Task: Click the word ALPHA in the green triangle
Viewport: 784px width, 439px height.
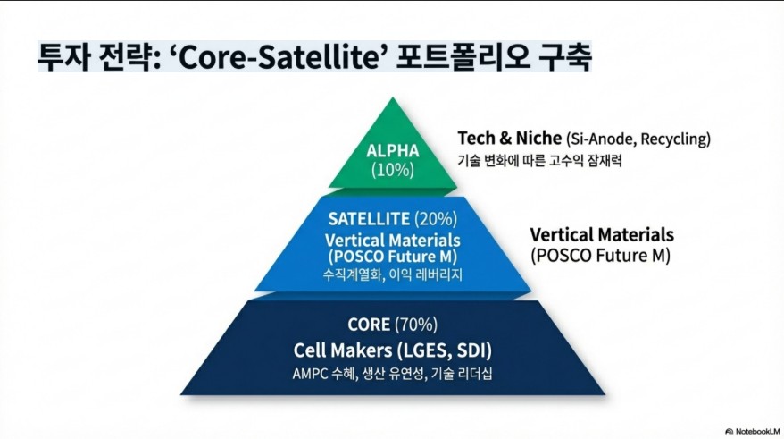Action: coord(393,151)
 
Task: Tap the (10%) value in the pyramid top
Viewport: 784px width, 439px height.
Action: coord(393,170)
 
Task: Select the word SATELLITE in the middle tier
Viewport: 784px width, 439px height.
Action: coord(369,219)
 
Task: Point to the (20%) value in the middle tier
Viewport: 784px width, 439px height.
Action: coord(436,219)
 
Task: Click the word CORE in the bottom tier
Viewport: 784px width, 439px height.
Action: coord(369,325)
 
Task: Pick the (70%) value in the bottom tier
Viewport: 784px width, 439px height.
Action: coord(416,325)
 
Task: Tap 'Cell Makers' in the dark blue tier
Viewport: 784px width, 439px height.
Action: coord(343,350)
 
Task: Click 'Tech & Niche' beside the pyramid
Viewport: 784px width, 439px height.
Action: coord(510,139)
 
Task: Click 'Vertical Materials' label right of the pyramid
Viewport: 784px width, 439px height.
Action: coord(602,234)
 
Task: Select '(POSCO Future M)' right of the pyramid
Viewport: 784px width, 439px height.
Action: coord(600,256)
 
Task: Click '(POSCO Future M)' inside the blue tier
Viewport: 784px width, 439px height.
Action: coord(393,257)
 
